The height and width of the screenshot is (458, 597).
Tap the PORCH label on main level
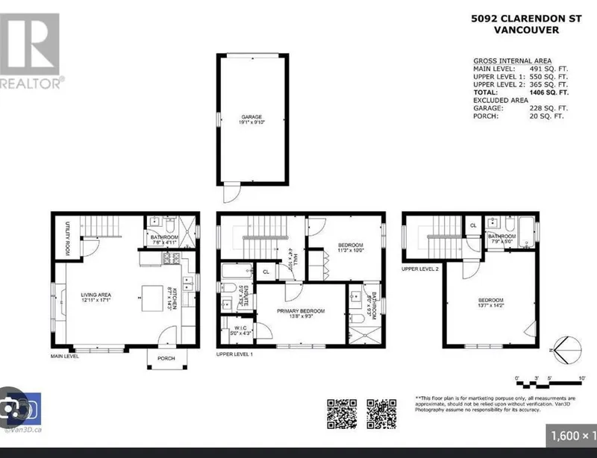coord(165,357)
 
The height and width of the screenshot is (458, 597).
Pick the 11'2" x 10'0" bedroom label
coord(349,248)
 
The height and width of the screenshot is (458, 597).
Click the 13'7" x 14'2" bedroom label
coord(491,304)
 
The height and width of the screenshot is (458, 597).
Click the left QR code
coord(340,411)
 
